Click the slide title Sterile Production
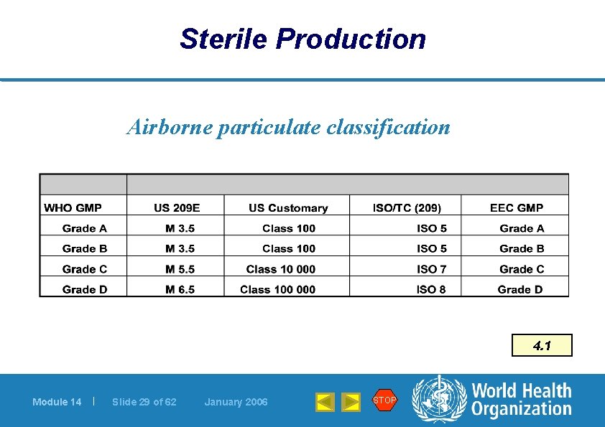(302, 39)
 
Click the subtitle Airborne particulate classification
(288, 127)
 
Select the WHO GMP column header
(73, 208)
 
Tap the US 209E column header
(177, 208)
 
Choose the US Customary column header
(288, 208)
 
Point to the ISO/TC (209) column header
(407, 208)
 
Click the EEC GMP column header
(517, 208)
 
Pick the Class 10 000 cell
(281, 269)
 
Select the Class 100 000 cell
(278, 290)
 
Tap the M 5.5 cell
(180, 269)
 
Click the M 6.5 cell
(180, 290)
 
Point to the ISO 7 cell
(431, 269)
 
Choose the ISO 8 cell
(431, 290)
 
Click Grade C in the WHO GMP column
(85, 269)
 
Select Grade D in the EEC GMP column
(520, 290)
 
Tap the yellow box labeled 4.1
(542, 345)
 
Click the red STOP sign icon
(384, 400)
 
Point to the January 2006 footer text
(236, 402)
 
